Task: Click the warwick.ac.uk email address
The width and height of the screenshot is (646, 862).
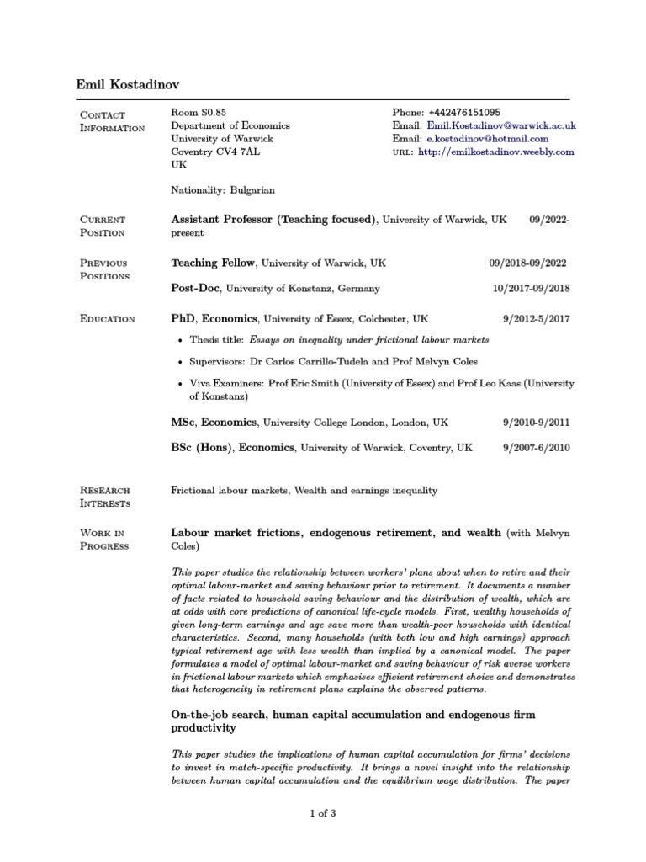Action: pos(501,125)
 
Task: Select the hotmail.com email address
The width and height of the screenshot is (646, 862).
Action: pos(488,139)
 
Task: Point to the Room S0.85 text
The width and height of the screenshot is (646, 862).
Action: pos(199,112)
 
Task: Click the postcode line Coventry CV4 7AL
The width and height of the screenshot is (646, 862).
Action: pos(216,152)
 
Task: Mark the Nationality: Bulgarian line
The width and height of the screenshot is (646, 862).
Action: pos(223,191)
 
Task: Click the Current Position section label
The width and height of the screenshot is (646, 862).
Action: pos(102,226)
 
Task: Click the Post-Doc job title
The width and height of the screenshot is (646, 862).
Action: pos(196,288)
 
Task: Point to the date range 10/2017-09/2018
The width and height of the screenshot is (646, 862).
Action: pos(530,289)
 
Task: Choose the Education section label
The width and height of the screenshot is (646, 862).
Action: pos(107,319)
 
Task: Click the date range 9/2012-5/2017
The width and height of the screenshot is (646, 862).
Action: pos(536,320)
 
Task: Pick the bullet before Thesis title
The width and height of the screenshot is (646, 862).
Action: pos(183,340)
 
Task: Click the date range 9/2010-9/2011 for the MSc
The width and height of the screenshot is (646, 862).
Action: pos(536,422)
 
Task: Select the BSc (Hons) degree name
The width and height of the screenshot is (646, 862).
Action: pos(203,448)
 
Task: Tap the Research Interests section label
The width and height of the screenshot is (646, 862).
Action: pos(106,497)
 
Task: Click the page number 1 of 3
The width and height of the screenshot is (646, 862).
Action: pos(323,813)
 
